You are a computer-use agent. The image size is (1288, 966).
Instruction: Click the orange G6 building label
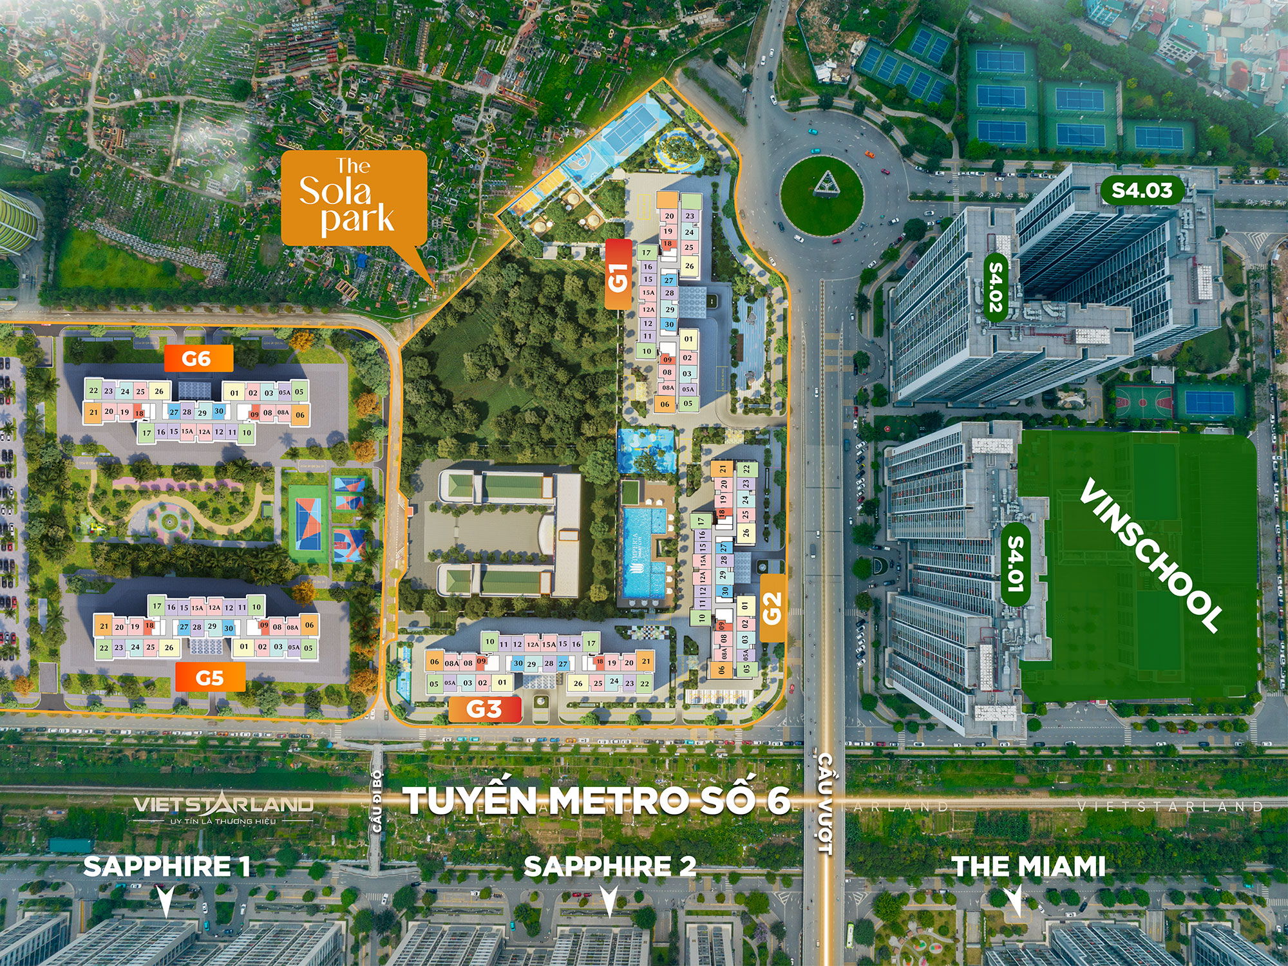[198, 358]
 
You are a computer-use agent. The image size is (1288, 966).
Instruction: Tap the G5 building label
[210, 677]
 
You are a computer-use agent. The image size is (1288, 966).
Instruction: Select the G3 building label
[484, 709]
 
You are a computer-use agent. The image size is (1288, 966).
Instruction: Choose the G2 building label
[772, 608]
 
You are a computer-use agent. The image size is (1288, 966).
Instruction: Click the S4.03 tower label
[1142, 190]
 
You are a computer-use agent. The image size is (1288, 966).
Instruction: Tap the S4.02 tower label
[996, 286]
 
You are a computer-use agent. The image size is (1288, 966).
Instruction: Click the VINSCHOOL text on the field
[1150, 555]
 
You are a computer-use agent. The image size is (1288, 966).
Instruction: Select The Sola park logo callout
[354, 198]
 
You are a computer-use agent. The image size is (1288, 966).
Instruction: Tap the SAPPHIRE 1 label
[167, 866]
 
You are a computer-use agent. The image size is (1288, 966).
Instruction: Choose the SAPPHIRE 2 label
[610, 866]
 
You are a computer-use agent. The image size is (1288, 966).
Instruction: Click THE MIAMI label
[1028, 866]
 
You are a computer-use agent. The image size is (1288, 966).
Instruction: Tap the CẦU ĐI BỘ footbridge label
[377, 800]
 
